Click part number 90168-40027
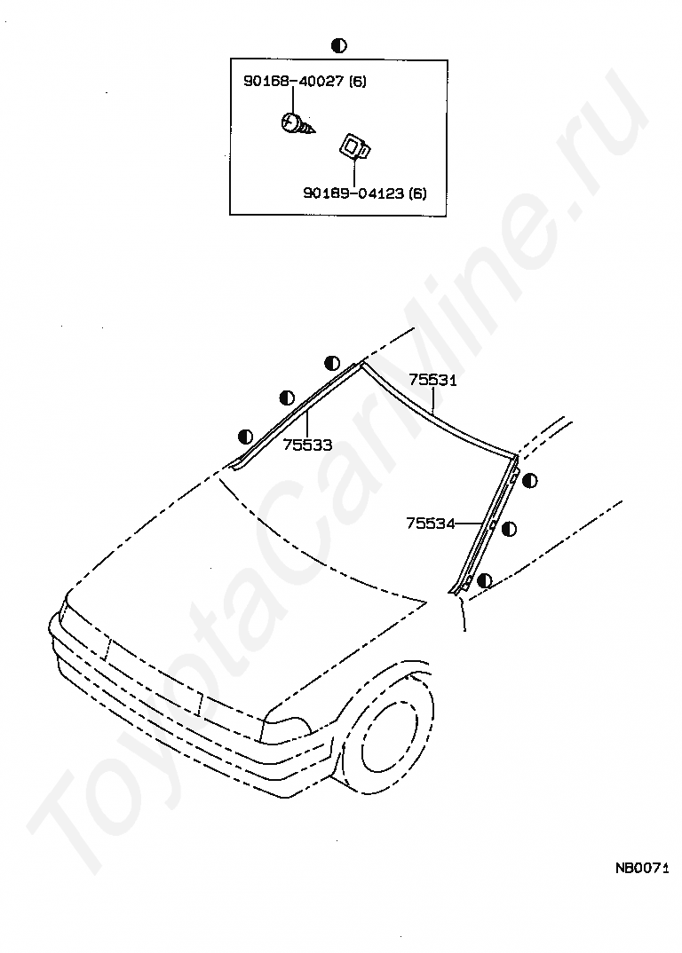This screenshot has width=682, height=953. pyautogui.click(x=294, y=82)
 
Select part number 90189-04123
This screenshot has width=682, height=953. pyautogui.click(x=353, y=193)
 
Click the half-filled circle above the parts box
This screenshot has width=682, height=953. pyautogui.click(x=338, y=45)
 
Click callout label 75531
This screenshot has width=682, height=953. pyautogui.click(x=432, y=380)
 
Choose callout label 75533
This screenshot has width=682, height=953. pyautogui.click(x=307, y=445)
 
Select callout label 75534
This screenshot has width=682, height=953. pyautogui.click(x=431, y=524)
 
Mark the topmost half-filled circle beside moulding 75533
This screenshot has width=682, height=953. pyautogui.click(x=331, y=362)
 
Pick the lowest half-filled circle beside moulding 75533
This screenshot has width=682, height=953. pyautogui.click(x=246, y=436)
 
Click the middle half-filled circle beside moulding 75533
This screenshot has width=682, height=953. pyautogui.click(x=287, y=398)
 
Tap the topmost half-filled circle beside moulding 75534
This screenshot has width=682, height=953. pyautogui.click(x=529, y=481)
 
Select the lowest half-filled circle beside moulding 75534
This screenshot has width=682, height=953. pyautogui.click(x=484, y=580)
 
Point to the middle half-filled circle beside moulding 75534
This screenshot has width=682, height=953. pyautogui.click(x=509, y=529)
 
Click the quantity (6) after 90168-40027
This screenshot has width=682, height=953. pyautogui.click(x=357, y=82)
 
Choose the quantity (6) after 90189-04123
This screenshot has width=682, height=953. pyautogui.click(x=416, y=193)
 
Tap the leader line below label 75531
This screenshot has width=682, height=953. pyautogui.click(x=432, y=402)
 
